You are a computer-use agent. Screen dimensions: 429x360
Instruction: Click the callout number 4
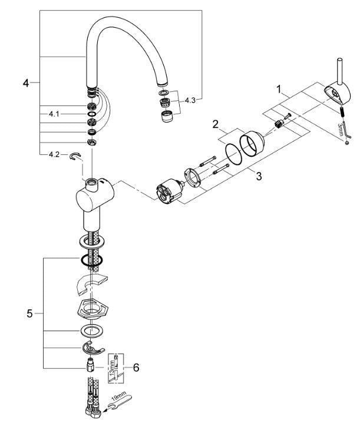pos(25,83)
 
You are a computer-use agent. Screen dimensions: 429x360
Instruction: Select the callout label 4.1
pos(54,111)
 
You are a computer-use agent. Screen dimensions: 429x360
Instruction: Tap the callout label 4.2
pos(54,155)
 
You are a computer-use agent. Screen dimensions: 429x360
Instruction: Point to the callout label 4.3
pos(190,101)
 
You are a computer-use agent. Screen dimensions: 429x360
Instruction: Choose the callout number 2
pos(216,125)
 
